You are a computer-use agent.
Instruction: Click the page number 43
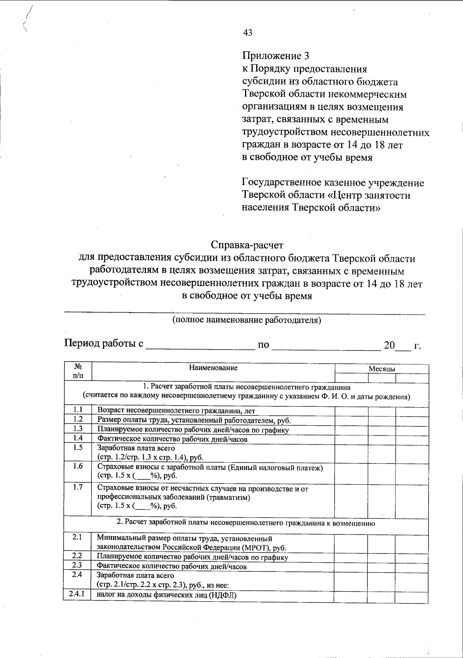click(x=248, y=33)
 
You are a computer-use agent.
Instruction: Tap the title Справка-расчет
click(x=247, y=245)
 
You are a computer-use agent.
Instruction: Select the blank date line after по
click(x=326, y=345)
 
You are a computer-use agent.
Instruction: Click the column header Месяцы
click(x=381, y=369)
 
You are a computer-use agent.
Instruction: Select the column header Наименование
click(x=213, y=368)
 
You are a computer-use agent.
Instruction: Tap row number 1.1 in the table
click(x=78, y=410)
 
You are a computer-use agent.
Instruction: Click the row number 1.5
click(x=78, y=448)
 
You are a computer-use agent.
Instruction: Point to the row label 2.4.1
click(x=77, y=594)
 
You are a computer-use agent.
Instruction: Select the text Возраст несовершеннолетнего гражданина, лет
click(x=176, y=411)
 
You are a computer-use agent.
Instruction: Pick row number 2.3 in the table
click(x=77, y=565)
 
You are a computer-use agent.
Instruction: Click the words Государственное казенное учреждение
click(x=333, y=183)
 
